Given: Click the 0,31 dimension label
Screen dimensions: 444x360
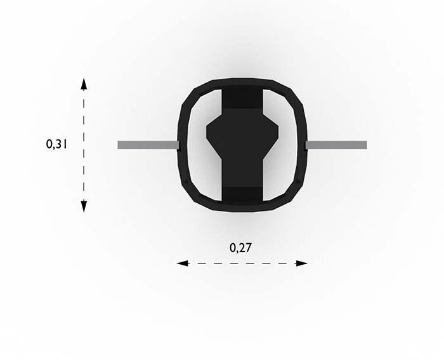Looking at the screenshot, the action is [56, 144].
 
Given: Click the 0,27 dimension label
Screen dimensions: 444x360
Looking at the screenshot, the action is [240, 248].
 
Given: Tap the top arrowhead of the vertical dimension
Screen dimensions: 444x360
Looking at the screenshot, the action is [84, 84].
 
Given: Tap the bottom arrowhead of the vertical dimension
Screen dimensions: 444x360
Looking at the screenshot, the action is [84, 206].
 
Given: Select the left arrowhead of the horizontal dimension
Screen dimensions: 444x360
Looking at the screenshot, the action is [183, 263].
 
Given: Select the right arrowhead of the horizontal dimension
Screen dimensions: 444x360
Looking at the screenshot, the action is [301, 263].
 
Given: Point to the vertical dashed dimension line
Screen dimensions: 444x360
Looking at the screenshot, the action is [84, 145].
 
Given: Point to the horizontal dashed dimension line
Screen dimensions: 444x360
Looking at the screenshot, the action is [242, 263].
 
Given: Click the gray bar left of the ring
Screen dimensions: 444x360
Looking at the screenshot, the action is [148, 145].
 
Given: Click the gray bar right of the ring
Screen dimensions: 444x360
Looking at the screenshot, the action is [336, 145].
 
